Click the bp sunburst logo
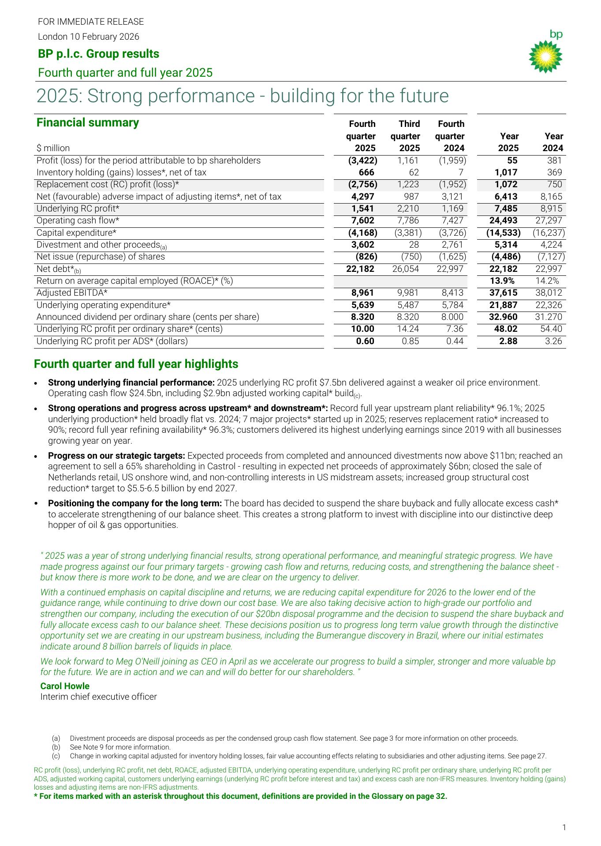click(545, 56)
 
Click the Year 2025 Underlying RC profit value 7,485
click(505, 209)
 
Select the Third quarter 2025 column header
click(405, 136)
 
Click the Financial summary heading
click(88, 122)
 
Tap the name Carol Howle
click(65, 686)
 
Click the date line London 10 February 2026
click(89, 37)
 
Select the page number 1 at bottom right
click(564, 827)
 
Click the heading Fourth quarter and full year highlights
click(136, 364)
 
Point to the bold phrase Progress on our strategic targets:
click(116, 456)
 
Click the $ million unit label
click(53, 148)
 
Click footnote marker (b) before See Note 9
click(56, 747)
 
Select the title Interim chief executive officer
click(98, 697)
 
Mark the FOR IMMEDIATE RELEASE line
click(91, 22)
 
